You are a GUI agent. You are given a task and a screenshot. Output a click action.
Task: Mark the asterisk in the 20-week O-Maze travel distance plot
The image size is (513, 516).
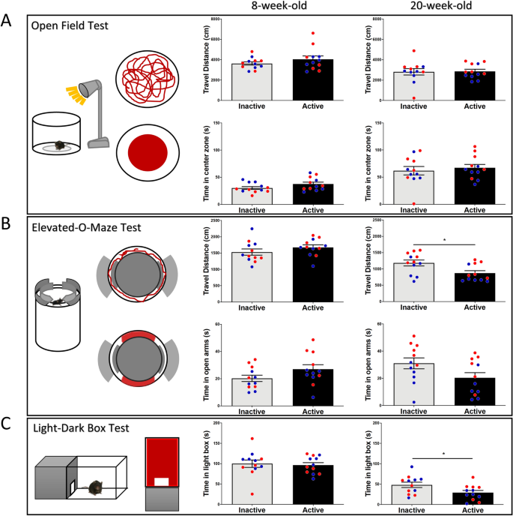(x=444, y=241)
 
